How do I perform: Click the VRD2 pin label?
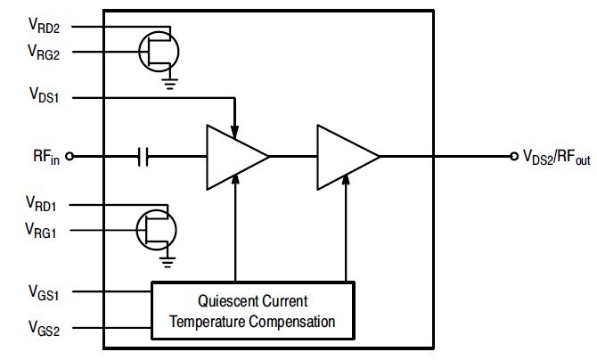tap(43, 27)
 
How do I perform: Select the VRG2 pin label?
tap(43, 52)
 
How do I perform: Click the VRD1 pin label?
tap(43, 207)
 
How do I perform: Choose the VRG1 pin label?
tap(43, 232)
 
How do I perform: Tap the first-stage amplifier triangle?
tap(232, 157)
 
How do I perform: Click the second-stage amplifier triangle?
tap(343, 157)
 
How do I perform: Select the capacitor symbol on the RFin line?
tap(144, 158)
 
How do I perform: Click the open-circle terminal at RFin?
tap(70, 158)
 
